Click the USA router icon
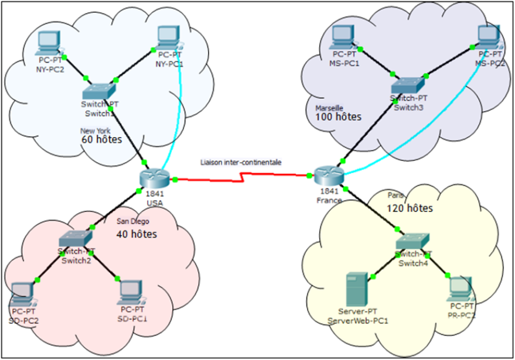click(153, 177)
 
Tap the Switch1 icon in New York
click(100, 90)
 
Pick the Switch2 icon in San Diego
click(75, 238)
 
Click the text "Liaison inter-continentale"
click(241, 162)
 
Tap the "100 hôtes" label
click(338, 117)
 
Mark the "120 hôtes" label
click(410, 208)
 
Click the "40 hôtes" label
click(137, 234)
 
